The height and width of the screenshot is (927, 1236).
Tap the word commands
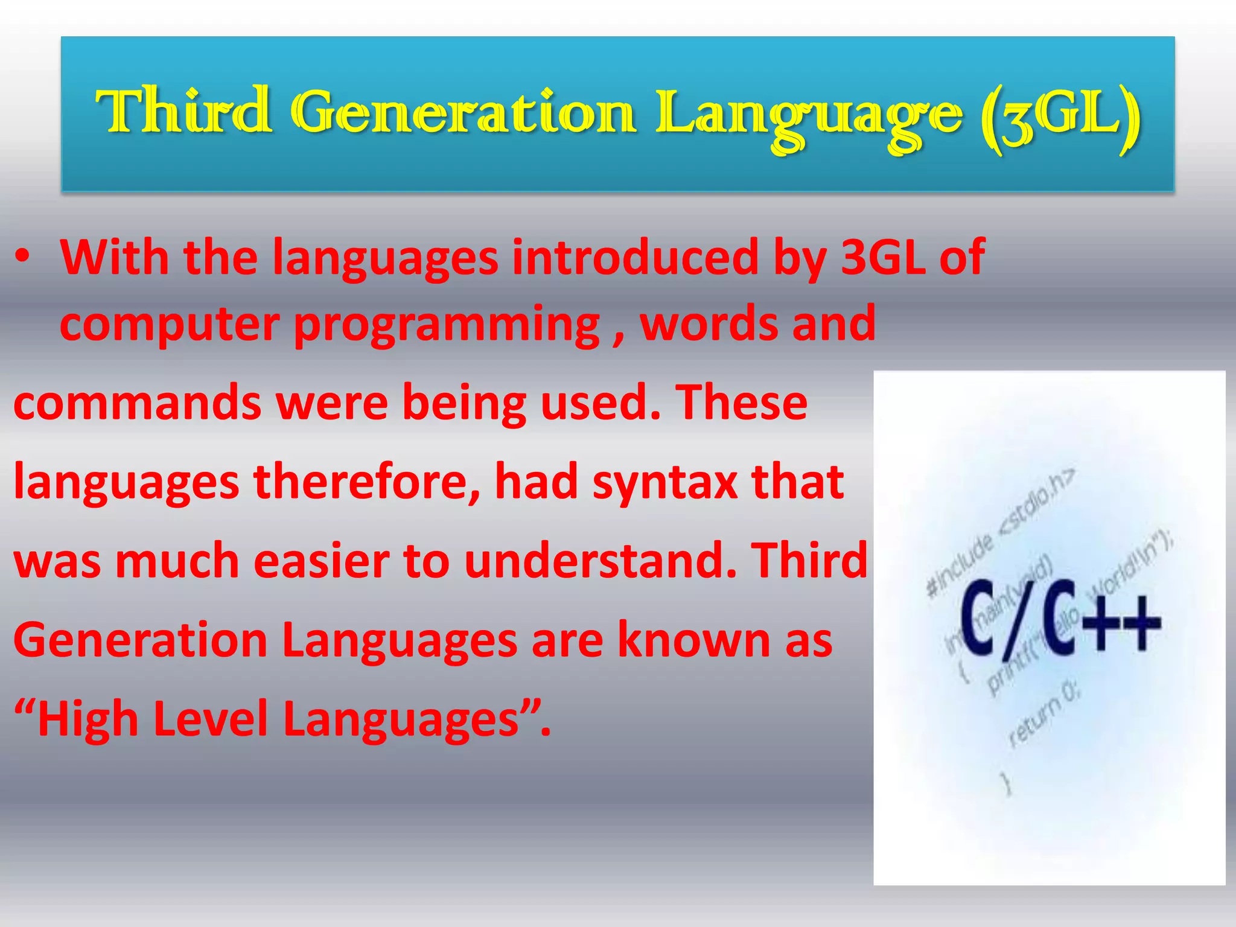click(137, 404)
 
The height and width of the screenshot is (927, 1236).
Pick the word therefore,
click(367, 483)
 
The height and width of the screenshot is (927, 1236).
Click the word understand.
click(600, 562)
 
